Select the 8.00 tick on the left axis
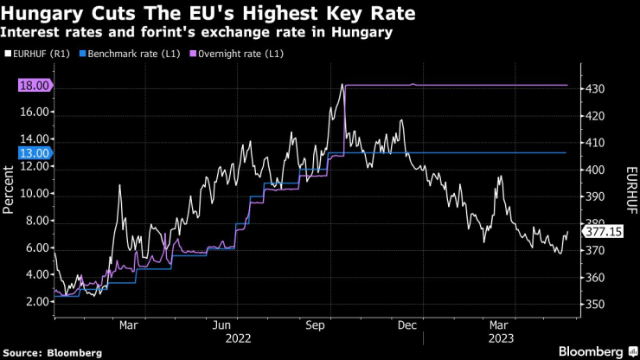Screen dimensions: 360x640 coord(35,221)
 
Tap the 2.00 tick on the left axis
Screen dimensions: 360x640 coord(35,301)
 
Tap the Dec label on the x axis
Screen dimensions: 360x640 coord(407,326)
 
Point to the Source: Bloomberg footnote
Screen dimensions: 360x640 coord(53,352)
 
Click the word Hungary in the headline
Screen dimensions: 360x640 coord(44,13)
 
